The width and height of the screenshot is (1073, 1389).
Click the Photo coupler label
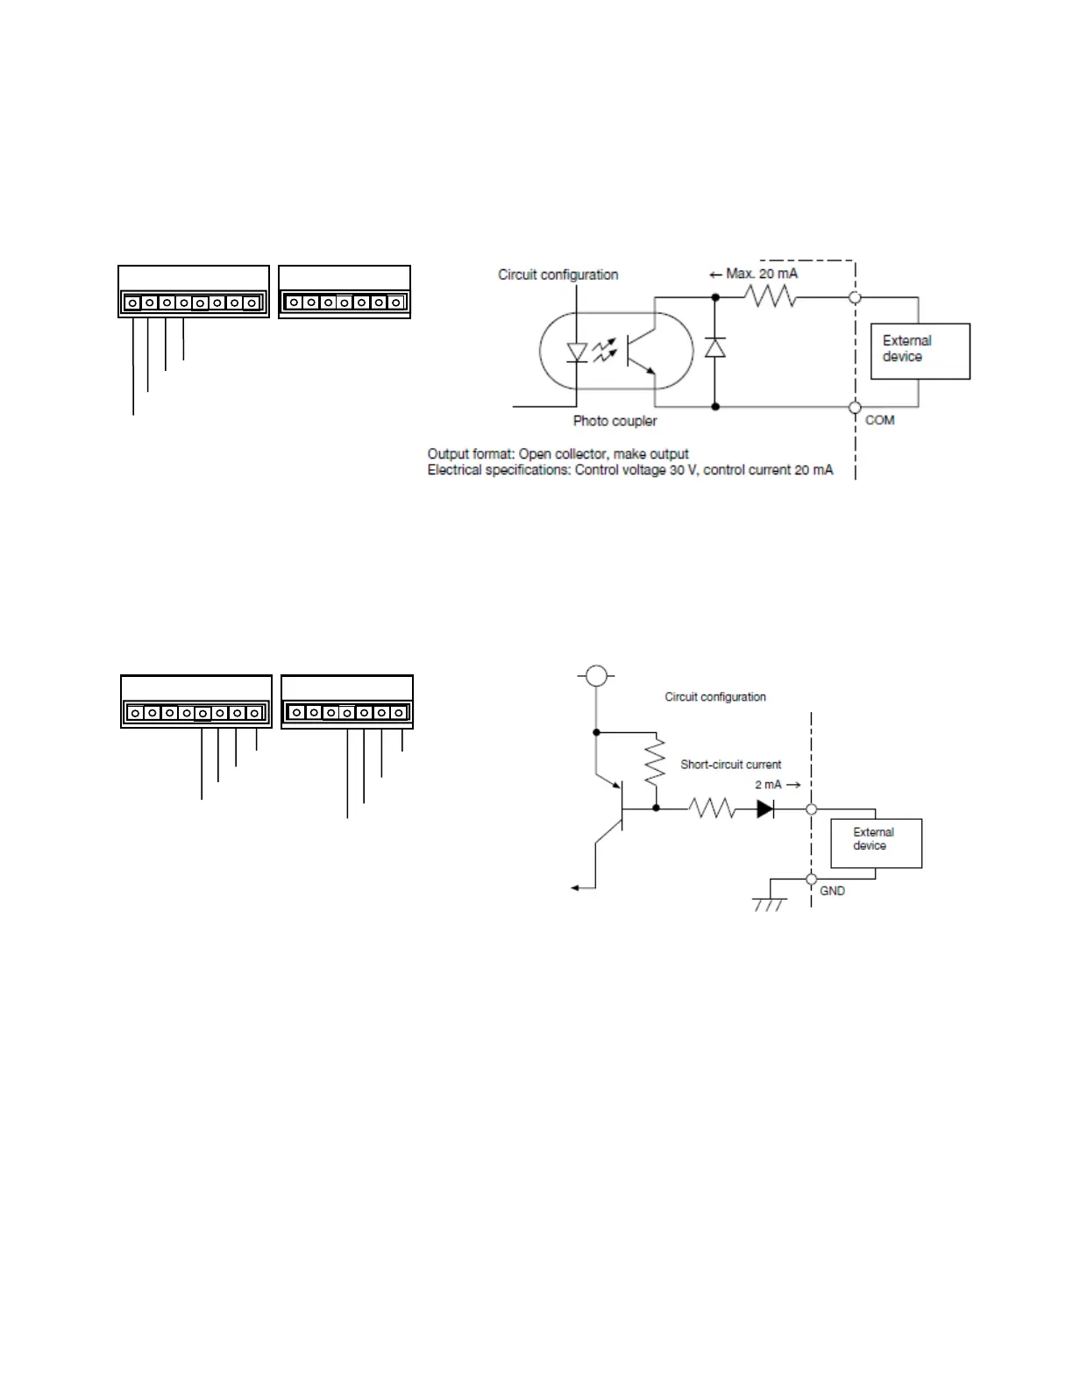pos(615,421)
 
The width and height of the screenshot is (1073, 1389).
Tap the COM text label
pos(879,420)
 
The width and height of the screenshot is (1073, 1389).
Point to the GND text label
pos(832,891)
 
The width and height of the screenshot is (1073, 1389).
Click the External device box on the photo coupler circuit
pos(920,351)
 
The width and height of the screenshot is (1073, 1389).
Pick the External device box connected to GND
pos(876,842)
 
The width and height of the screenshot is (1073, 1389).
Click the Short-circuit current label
pos(730,765)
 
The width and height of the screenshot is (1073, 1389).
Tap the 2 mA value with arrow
pos(777,785)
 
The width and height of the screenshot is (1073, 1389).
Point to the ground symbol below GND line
pos(769,903)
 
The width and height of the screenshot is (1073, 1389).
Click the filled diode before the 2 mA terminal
pos(765,808)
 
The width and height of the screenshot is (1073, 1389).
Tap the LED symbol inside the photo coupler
pos(577,352)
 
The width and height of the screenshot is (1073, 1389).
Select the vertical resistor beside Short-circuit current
pos(656,763)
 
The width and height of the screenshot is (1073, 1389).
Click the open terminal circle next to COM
pos(855,407)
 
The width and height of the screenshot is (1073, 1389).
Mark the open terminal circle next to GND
pos(812,879)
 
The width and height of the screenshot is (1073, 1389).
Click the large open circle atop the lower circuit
pos(596,675)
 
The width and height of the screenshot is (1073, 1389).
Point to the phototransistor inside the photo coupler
pos(638,352)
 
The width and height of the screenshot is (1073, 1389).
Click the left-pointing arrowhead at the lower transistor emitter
pos(575,888)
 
